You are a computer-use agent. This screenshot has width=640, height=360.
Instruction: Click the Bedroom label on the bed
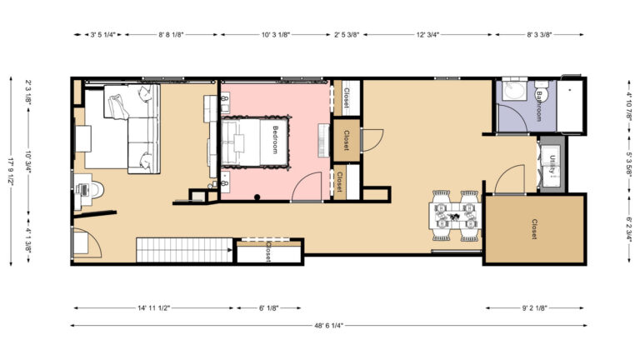coord(276,139)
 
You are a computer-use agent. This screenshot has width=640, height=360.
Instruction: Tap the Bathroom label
coord(539,107)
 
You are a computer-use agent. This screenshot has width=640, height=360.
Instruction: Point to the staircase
coord(184,249)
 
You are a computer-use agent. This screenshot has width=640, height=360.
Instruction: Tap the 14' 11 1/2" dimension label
coord(153,308)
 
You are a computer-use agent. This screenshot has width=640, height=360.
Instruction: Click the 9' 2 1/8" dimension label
coord(534,308)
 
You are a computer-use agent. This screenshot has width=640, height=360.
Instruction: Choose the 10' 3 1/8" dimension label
coord(274,35)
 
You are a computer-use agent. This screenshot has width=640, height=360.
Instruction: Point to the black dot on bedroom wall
coord(257,197)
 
